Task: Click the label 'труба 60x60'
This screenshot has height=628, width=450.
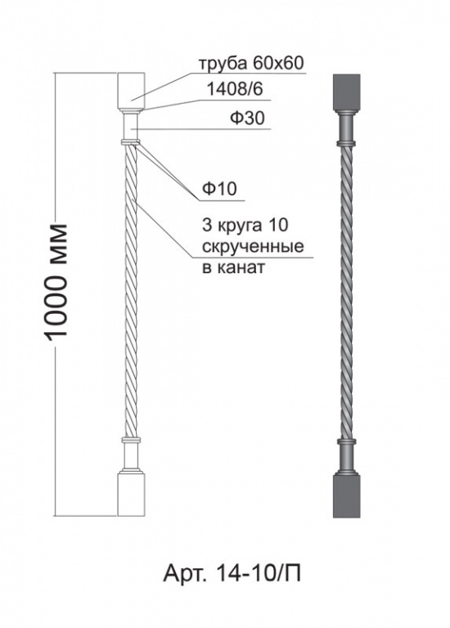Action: (252, 63)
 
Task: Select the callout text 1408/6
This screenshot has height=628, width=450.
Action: (235, 89)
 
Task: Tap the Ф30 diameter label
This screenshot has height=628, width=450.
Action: (247, 119)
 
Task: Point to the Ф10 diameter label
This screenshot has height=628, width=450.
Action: (219, 189)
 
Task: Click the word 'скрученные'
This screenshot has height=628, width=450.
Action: (253, 247)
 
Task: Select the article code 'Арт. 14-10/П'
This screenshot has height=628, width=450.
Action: (232, 574)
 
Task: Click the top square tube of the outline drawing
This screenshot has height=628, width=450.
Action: (131, 91)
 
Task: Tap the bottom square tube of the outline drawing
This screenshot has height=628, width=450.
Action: (131, 494)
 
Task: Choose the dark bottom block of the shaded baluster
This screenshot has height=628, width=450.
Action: (347, 496)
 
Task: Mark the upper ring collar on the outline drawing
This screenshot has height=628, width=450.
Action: (131, 141)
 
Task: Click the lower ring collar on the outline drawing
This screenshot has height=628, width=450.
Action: (131, 440)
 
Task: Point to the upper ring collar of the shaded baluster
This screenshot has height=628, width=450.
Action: (347, 143)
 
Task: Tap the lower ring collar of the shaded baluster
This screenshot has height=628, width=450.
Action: (347, 442)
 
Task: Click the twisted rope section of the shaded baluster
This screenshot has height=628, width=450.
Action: (347, 293)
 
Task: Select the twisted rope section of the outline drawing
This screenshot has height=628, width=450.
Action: (131, 291)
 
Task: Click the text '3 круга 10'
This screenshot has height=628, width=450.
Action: (245, 226)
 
